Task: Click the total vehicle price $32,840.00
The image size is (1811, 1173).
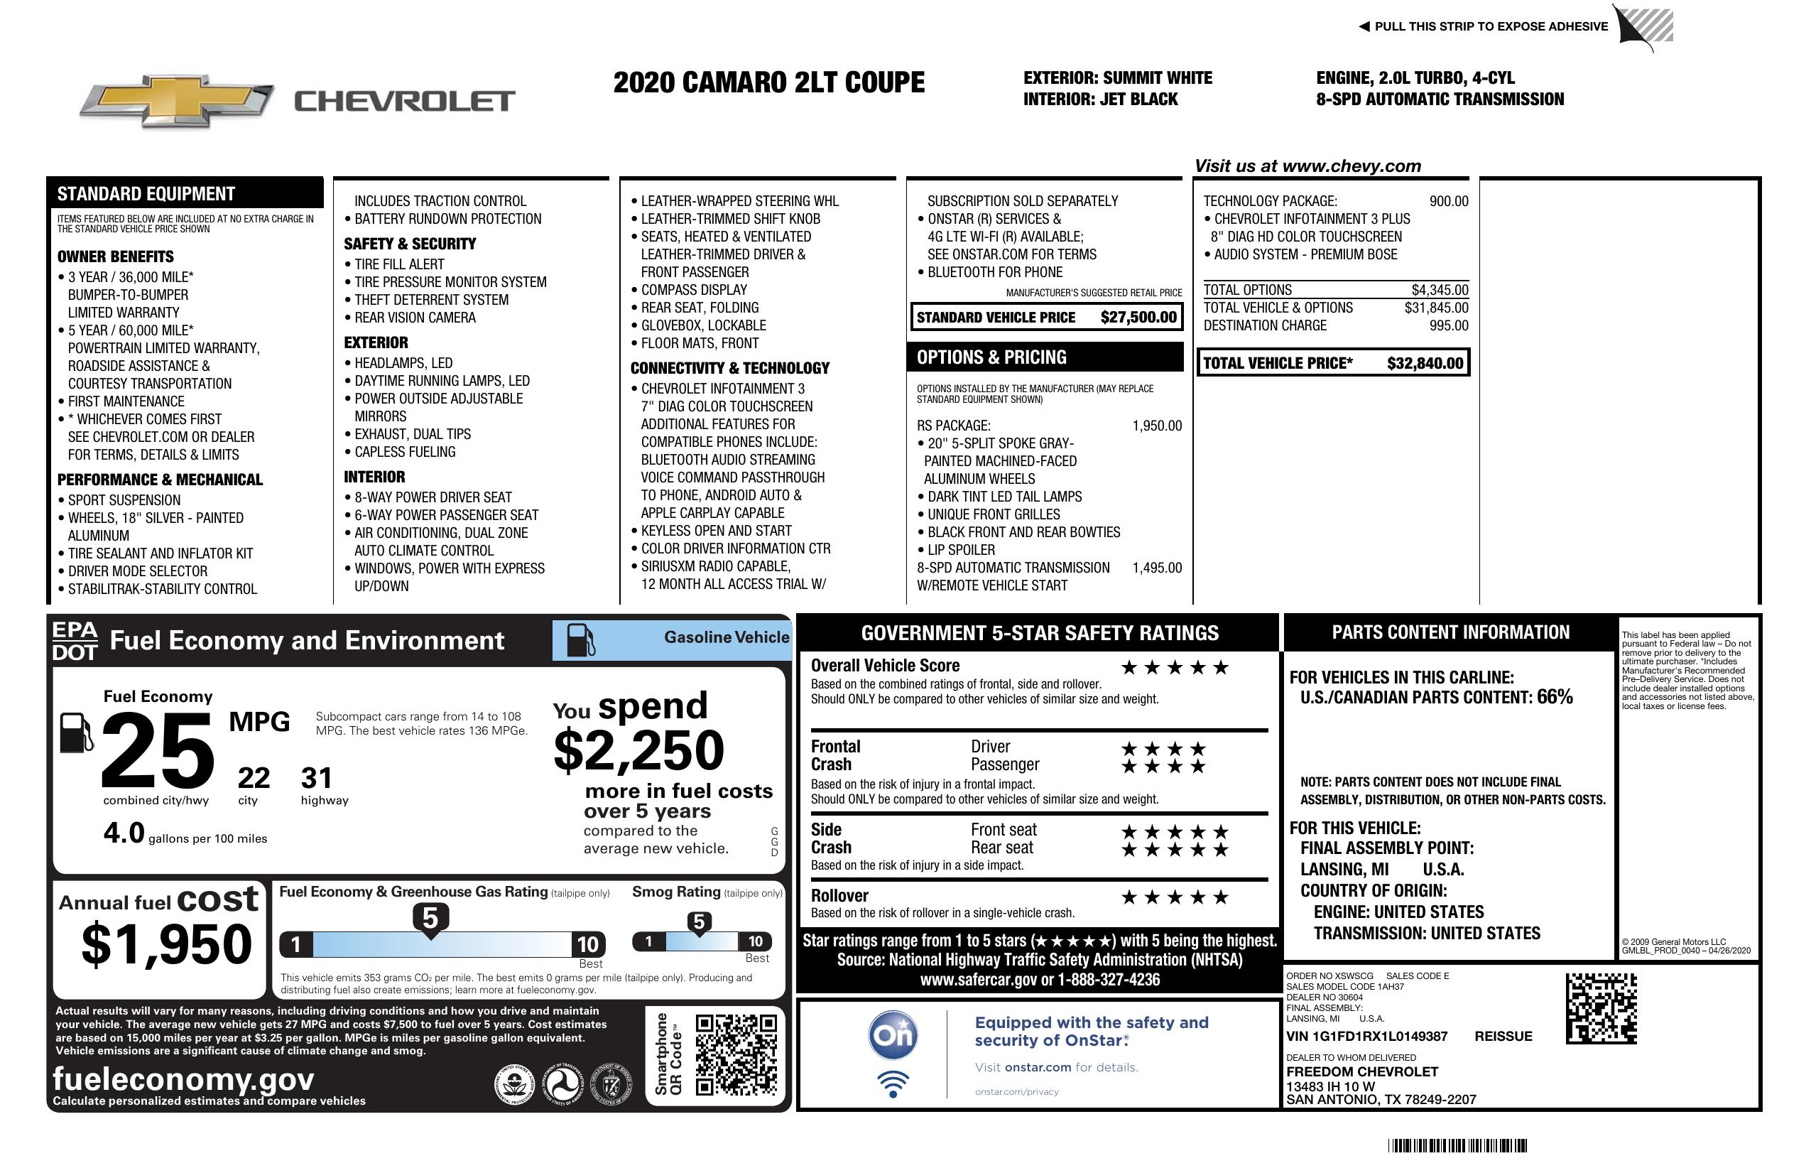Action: pos(1425,363)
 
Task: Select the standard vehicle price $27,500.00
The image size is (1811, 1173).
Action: pos(1138,318)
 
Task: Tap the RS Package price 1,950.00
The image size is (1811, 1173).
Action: pos(1157,426)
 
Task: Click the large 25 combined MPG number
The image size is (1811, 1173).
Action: pos(158,750)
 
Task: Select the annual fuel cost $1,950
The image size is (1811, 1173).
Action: pos(167,944)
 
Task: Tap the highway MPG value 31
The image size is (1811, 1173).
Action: pos(317,778)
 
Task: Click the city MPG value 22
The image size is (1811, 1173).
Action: pos(254,778)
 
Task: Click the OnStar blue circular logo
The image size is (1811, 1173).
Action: pos(893,1035)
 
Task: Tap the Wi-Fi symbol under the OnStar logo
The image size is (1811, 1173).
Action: pos(893,1083)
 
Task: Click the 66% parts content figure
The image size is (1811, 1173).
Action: pos(1555,696)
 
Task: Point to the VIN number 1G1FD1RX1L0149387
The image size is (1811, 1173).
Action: pos(1366,1036)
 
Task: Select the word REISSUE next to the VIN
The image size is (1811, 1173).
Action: pos(1503,1036)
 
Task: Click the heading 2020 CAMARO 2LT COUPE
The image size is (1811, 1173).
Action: pos(768,82)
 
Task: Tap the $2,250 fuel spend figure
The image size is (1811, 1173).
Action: pos(639,750)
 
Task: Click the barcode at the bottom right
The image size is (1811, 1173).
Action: pos(1457,1145)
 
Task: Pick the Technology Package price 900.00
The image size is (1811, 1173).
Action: pos(1448,201)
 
